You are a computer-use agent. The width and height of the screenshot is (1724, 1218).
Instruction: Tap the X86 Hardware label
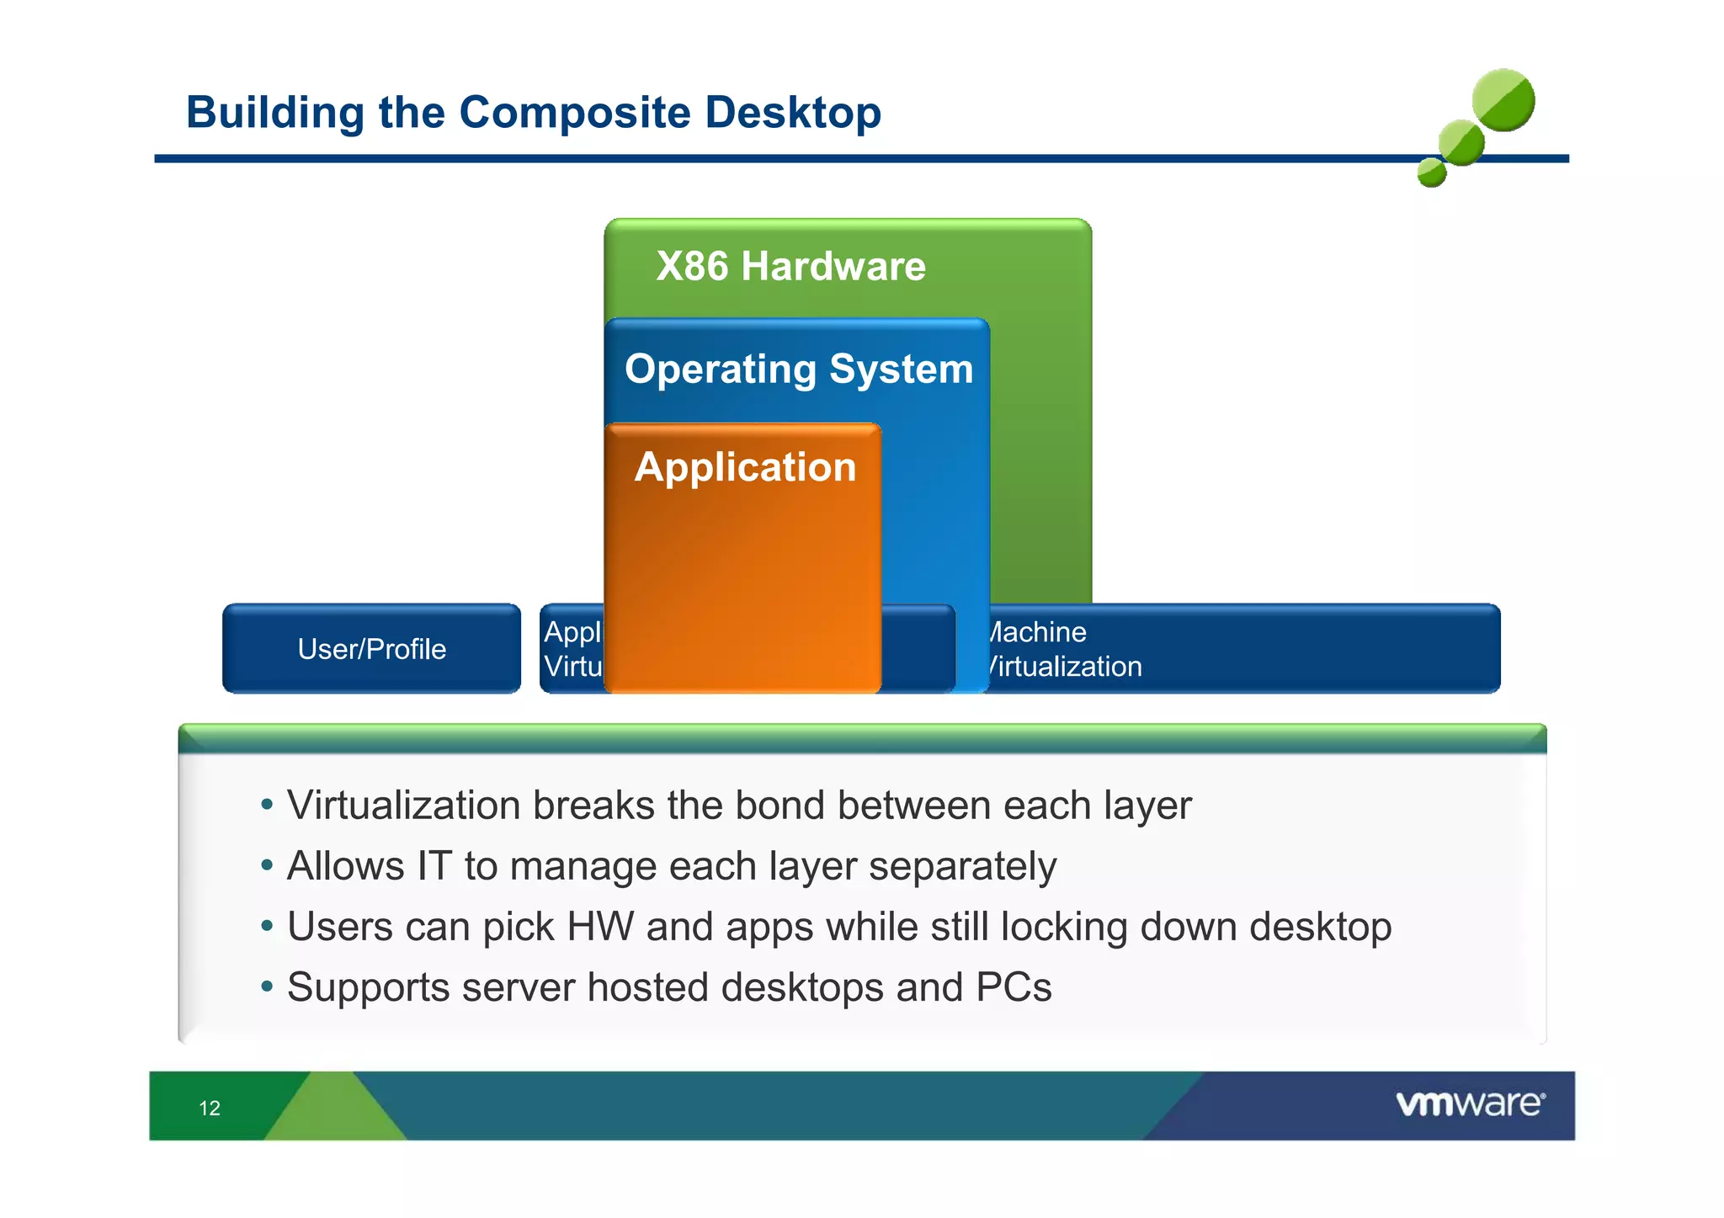[790, 267]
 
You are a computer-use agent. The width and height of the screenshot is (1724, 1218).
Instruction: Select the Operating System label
[798, 370]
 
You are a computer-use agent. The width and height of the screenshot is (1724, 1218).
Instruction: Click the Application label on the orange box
[745, 467]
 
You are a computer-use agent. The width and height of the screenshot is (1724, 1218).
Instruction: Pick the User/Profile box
[371, 649]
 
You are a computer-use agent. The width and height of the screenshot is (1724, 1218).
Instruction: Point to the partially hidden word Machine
[1038, 632]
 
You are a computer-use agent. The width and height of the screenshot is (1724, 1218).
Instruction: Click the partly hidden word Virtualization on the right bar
[1065, 667]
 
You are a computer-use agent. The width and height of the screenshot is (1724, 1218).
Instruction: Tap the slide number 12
[210, 1108]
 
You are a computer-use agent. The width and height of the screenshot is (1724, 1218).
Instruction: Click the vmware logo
[1470, 1104]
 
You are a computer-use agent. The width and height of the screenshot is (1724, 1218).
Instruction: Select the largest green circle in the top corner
[1503, 100]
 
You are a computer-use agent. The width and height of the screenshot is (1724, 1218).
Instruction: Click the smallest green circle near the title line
[1431, 173]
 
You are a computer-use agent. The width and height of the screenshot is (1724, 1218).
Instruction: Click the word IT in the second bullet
[434, 866]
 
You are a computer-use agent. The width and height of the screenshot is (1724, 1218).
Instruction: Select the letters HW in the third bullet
[600, 927]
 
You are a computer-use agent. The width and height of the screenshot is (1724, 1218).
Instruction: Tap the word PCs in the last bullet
[1014, 987]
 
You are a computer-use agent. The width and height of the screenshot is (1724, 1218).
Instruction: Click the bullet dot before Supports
[267, 986]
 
